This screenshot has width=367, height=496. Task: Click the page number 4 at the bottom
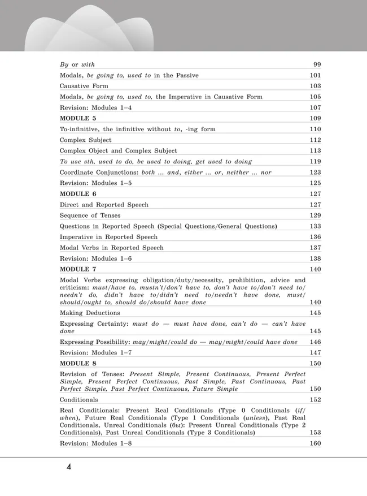pyautogui.click(x=68, y=468)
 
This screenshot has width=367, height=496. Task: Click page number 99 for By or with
pyautogui.click(x=317, y=64)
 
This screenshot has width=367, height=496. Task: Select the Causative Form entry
pyautogui.click(x=84, y=86)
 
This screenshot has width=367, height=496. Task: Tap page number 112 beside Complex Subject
pyautogui.click(x=315, y=140)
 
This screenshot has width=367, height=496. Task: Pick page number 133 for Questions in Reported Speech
pyautogui.click(x=315, y=226)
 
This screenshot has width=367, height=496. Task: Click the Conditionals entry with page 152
pyautogui.click(x=78, y=400)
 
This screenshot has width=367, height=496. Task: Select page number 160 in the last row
pyautogui.click(x=315, y=443)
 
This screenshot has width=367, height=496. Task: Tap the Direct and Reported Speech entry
pyautogui.click(x=104, y=205)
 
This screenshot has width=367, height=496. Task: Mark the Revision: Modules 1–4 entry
pyautogui.click(x=95, y=107)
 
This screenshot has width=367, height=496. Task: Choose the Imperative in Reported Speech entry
pyautogui.click(x=108, y=237)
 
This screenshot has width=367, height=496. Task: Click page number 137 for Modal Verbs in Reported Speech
pyautogui.click(x=315, y=248)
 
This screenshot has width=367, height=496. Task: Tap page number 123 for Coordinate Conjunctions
pyautogui.click(x=315, y=172)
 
